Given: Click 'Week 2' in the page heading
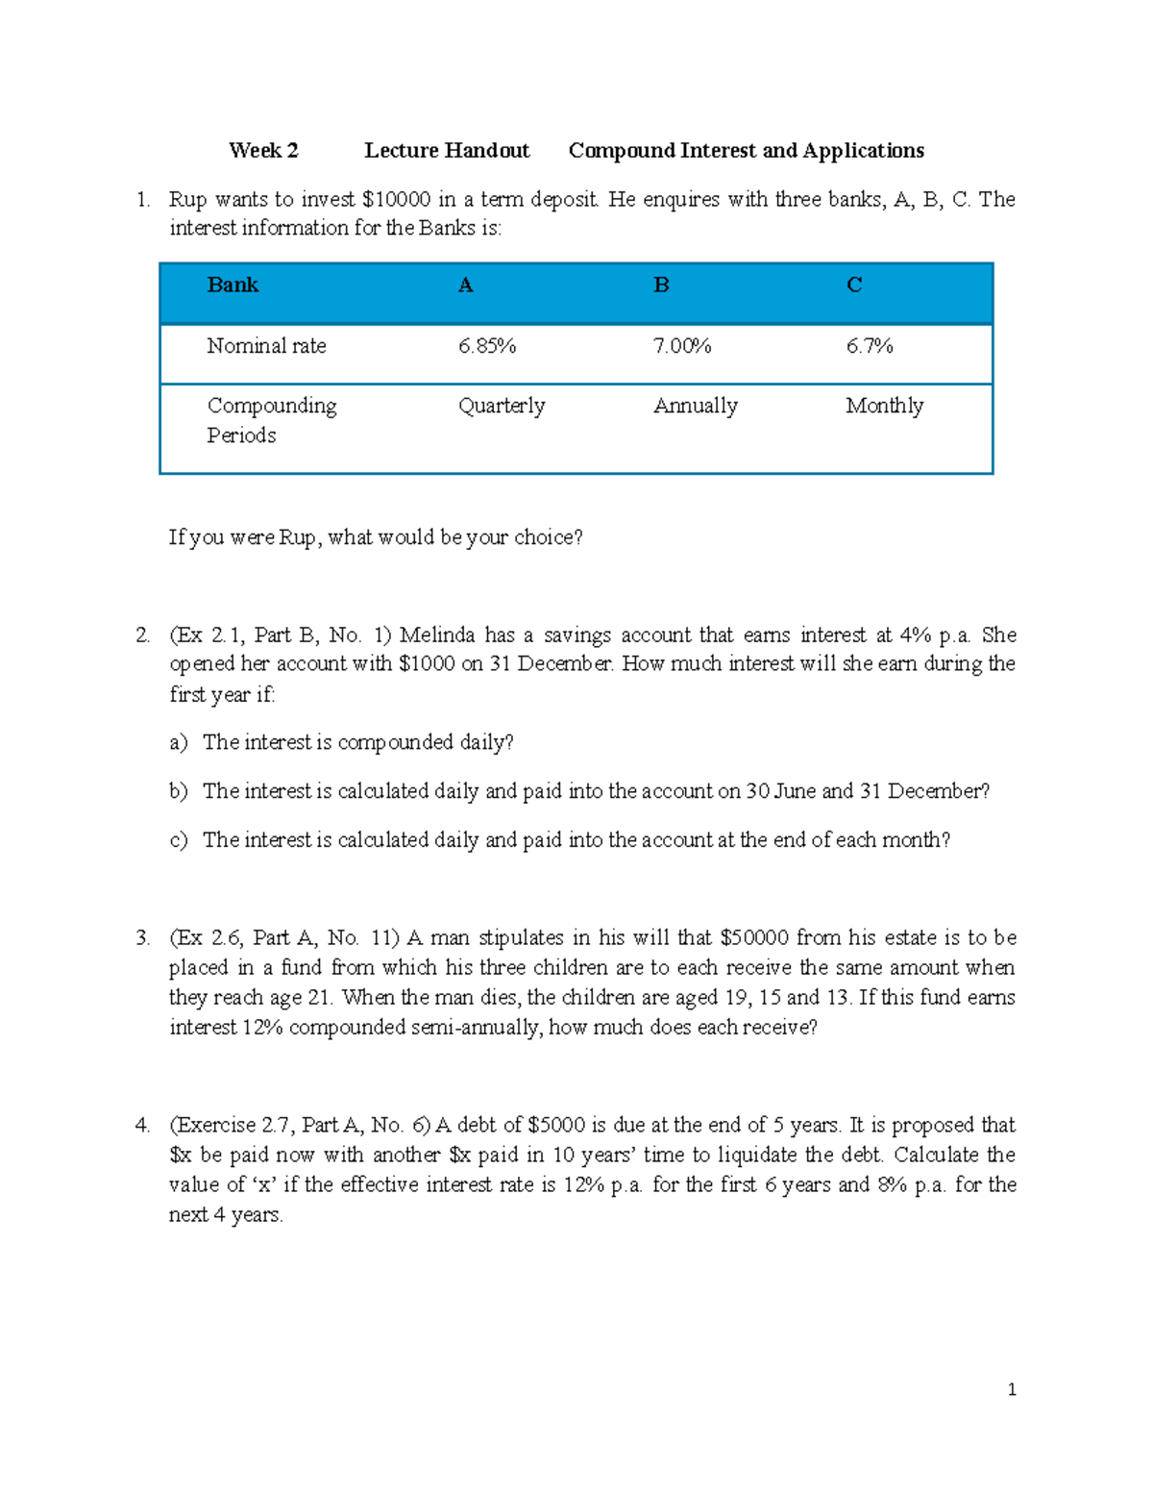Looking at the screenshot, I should [x=263, y=151].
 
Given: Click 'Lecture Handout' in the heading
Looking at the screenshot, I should [x=447, y=151].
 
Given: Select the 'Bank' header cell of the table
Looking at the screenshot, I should [x=233, y=286].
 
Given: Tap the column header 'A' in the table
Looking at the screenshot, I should [x=466, y=286].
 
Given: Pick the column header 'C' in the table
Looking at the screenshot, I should [x=854, y=286].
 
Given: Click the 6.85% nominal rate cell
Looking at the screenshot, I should [x=487, y=346].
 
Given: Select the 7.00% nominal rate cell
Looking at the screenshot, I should [x=682, y=346].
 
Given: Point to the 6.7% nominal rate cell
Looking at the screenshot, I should [x=870, y=346].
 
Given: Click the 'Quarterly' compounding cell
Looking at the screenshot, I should [x=502, y=406].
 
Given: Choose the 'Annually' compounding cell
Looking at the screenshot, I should [x=696, y=406].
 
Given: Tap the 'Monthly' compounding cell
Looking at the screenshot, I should [x=885, y=406].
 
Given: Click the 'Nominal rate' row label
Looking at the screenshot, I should [x=266, y=346].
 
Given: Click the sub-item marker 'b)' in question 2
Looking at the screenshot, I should [x=179, y=791].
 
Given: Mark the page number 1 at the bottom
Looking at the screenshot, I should [x=1012, y=1389].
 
